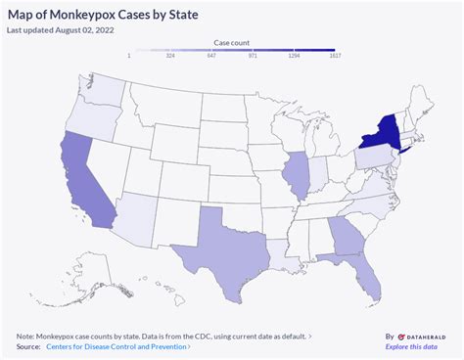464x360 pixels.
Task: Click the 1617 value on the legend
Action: [334, 56]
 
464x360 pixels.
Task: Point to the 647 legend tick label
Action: [210, 56]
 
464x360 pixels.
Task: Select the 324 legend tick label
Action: [169, 56]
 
